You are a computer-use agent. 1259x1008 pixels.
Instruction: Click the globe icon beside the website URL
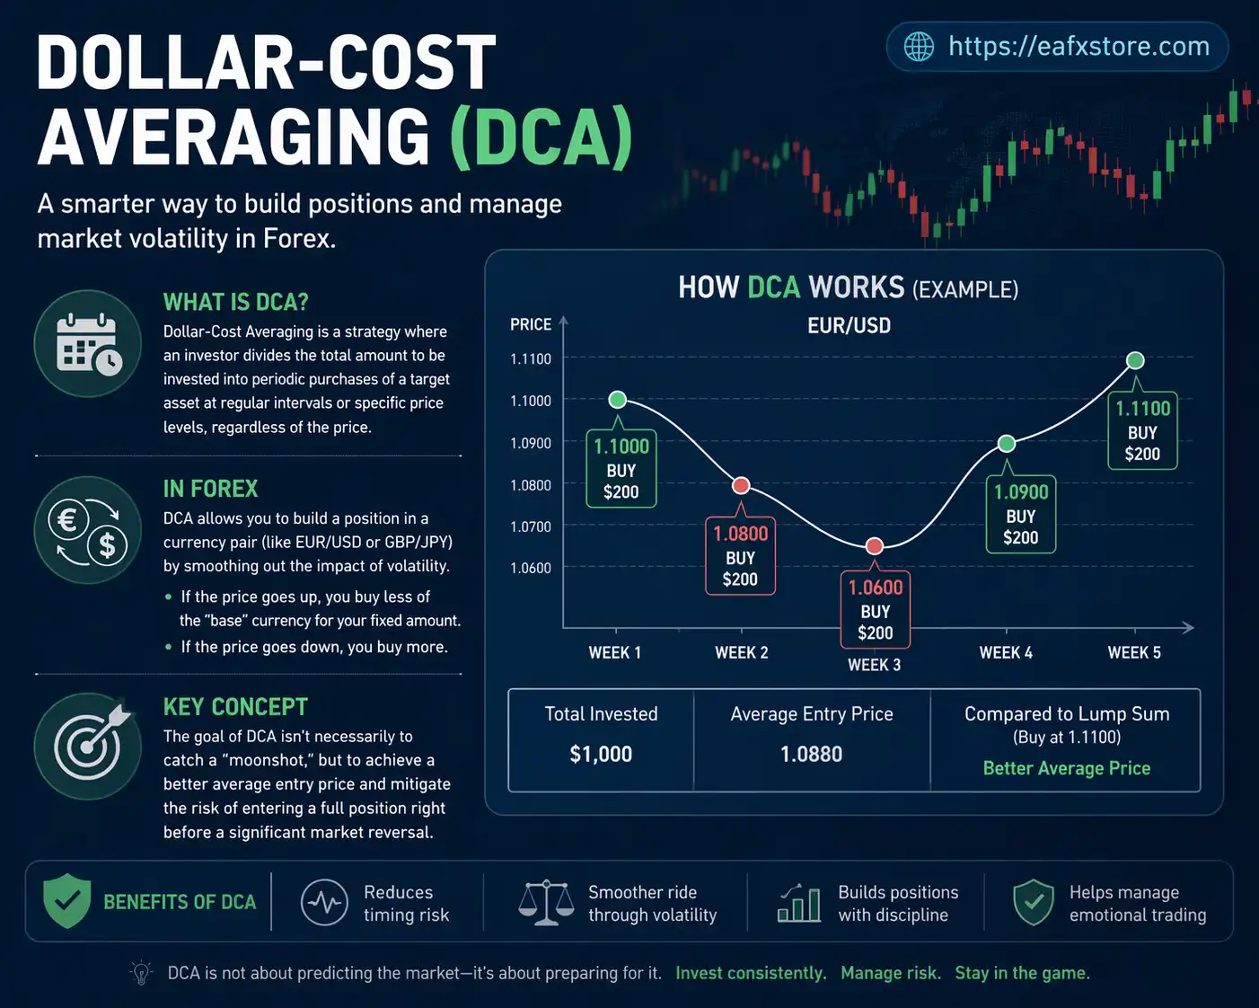tap(918, 47)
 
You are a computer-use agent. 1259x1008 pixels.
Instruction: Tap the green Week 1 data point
tap(618, 400)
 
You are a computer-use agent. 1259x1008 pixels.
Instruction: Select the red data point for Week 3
tap(875, 546)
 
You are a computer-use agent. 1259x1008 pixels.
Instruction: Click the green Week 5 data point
tap(1135, 360)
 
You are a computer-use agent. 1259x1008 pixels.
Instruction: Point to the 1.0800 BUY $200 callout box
tap(740, 556)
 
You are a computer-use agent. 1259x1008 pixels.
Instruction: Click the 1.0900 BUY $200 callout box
tap(1021, 515)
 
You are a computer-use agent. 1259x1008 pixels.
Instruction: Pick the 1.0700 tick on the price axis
tap(531, 526)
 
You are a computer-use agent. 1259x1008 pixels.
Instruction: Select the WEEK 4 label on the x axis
tap(1006, 653)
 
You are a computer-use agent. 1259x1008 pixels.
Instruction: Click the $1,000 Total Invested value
tap(601, 754)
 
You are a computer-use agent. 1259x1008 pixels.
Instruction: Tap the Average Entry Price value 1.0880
tap(812, 754)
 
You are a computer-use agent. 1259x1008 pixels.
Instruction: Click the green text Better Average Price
tap(1066, 768)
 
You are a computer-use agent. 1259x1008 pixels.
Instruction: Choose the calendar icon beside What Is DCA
tap(88, 343)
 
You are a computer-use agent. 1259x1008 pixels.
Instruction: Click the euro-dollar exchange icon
tap(88, 530)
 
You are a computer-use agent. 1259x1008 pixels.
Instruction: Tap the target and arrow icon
tap(88, 746)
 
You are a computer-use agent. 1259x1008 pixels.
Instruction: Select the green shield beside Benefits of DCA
tap(67, 901)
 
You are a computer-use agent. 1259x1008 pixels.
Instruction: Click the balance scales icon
tap(546, 903)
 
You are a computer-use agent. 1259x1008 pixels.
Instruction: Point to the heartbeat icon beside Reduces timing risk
tap(324, 903)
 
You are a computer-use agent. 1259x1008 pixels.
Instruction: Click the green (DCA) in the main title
tap(541, 137)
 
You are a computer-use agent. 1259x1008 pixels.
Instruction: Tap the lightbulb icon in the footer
tap(141, 973)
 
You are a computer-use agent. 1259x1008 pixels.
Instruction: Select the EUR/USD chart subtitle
tap(849, 325)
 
